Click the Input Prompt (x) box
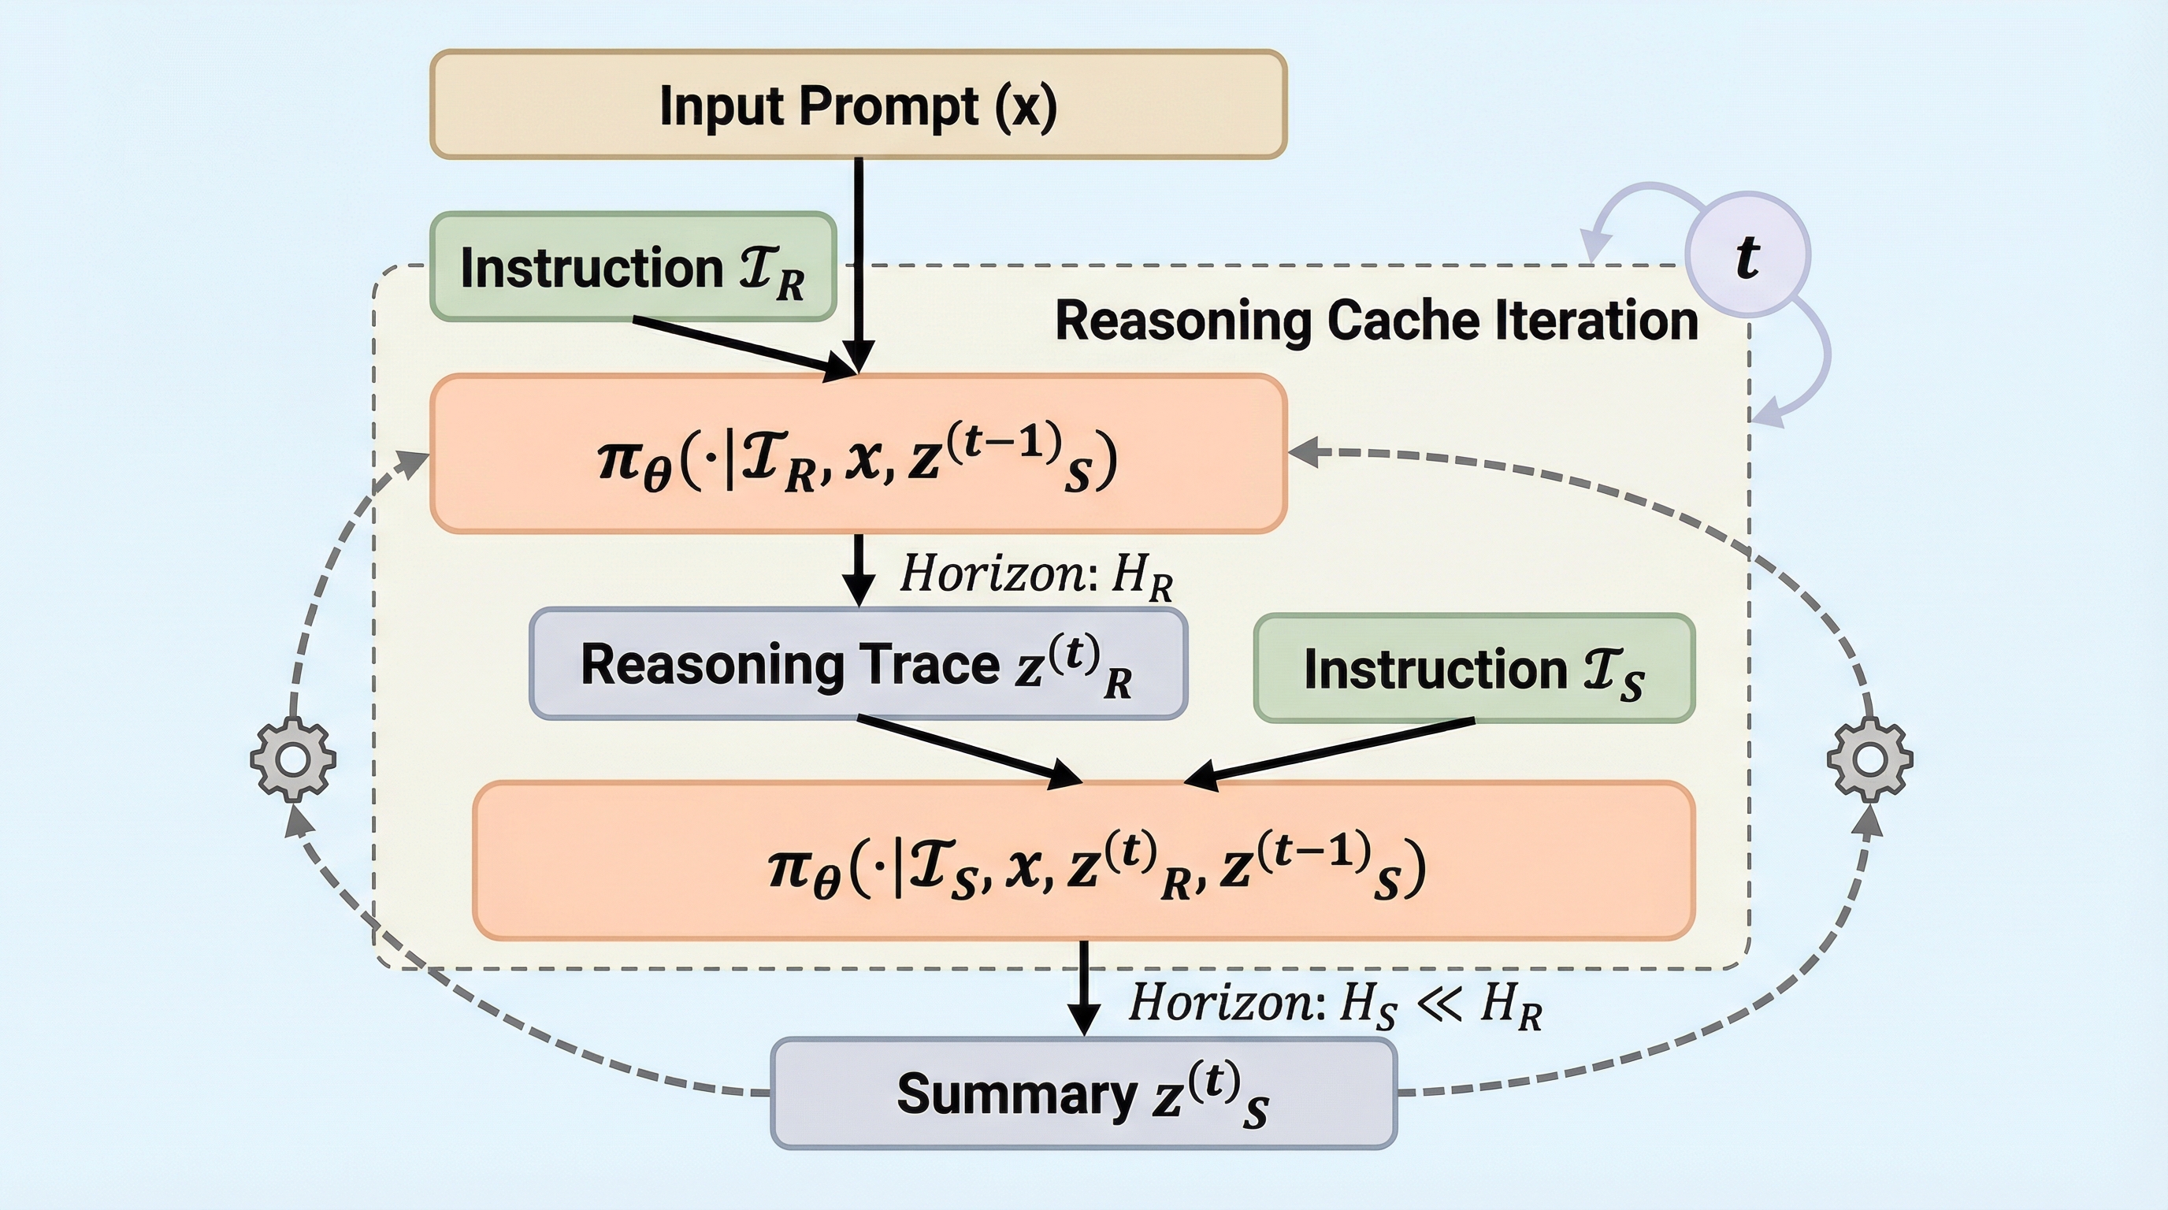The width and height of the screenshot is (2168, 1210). (859, 104)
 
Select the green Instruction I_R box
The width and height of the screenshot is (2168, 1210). (633, 267)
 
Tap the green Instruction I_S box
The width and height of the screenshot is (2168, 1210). (1474, 669)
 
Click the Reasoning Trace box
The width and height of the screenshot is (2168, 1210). (858, 664)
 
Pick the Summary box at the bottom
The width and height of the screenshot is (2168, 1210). (1083, 1094)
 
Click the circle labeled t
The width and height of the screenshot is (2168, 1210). (1748, 255)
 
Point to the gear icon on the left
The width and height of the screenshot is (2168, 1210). (293, 759)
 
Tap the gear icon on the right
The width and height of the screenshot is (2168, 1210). (1870, 759)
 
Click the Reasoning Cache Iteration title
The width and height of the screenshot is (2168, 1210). (1377, 321)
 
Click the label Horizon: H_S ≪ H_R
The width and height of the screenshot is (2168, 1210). (1335, 1004)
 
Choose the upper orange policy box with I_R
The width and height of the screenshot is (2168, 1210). (858, 455)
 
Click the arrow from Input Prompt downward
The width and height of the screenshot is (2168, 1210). (859, 252)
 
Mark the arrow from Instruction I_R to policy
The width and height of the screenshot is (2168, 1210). (741, 345)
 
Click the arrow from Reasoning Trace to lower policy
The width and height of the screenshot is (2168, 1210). (968, 750)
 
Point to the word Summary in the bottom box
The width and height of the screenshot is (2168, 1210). (1017, 1094)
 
